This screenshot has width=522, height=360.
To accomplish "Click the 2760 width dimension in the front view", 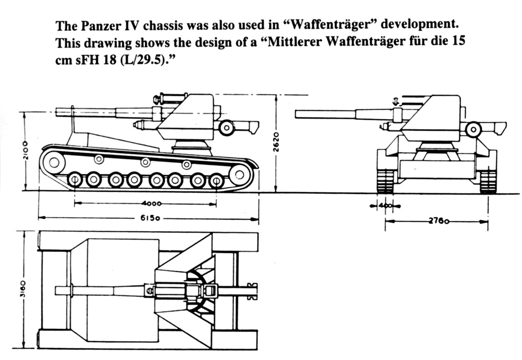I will [x=439, y=221].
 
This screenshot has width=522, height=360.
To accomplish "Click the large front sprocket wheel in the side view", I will [x=54, y=162].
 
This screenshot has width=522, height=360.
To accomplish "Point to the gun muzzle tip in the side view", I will [x=58, y=111].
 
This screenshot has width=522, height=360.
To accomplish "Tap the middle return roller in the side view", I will [x=146, y=162].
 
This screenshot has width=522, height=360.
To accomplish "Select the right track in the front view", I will [x=488, y=181].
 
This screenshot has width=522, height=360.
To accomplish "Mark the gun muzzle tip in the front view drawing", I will [x=297, y=114].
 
